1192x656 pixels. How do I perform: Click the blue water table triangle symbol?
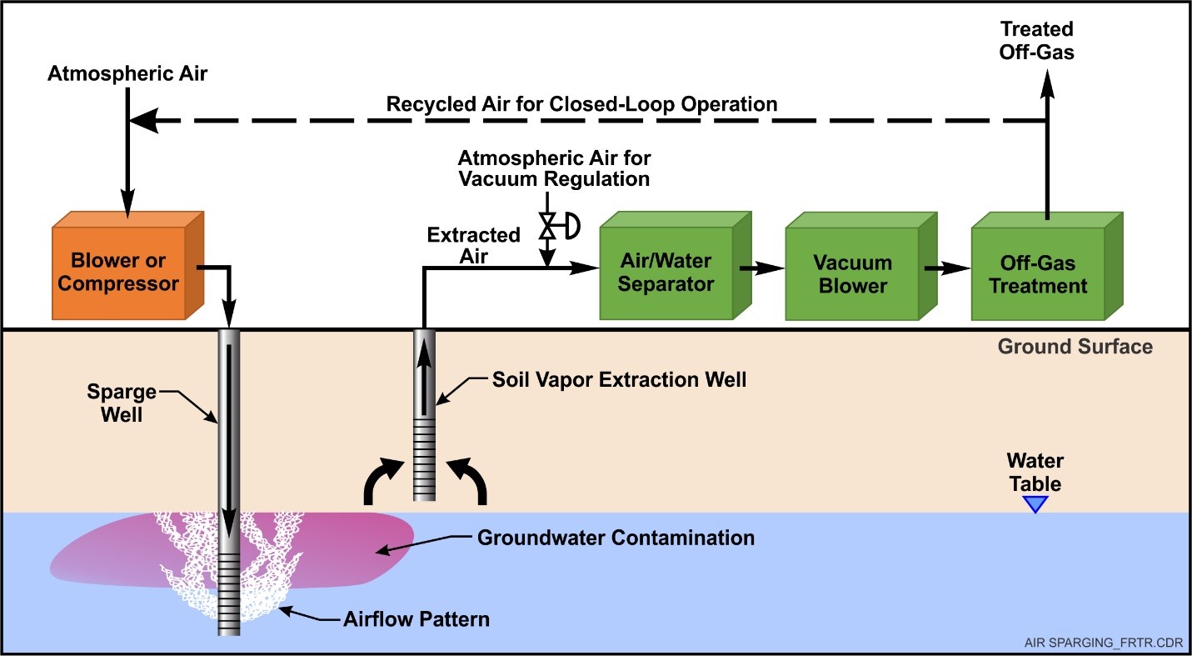pyautogui.click(x=1035, y=503)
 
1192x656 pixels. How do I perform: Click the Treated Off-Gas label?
pyautogui.click(x=1037, y=41)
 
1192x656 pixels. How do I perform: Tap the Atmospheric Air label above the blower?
pyautogui.click(x=127, y=73)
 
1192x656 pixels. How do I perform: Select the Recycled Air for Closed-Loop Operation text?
pyautogui.click(x=581, y=104)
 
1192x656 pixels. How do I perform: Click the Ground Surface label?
pyautogui.click(x=1075, y=347)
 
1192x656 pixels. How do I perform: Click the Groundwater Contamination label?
pyautogui.click(x=616, y=537)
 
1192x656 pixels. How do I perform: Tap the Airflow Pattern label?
pyautogui.click(x=416, y=619)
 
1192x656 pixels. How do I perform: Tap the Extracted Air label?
pyautogui.click(x=473, y=246)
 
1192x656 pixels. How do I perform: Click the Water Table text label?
pyautogui.click(x=1035, y=472)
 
